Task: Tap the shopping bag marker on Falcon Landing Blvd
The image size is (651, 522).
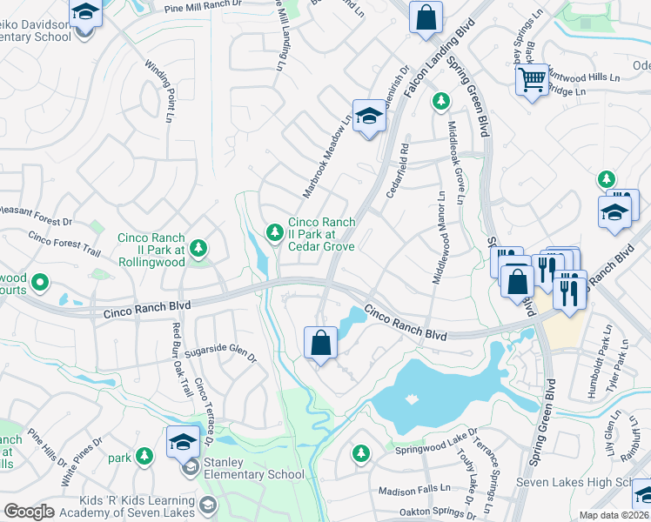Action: pos(426,17)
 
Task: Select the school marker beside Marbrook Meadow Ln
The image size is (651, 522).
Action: pos(369,117)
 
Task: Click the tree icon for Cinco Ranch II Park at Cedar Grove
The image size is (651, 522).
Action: pos(275,231)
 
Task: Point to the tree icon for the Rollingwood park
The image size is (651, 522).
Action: pos(199,249)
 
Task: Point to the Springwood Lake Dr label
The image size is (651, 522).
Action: pos(436,451)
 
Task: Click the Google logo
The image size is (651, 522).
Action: pos(29,511)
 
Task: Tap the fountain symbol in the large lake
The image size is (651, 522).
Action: pos(411,398)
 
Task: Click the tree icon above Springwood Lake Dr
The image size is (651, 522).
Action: pos(360,452)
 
